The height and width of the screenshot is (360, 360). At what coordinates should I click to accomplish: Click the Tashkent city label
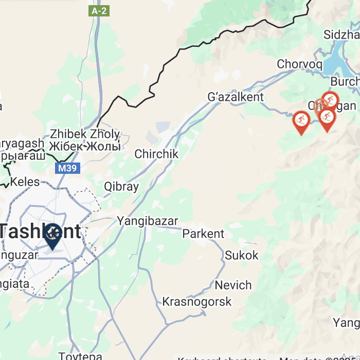point(41,231)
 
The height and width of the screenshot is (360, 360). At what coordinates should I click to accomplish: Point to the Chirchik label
point(156,154)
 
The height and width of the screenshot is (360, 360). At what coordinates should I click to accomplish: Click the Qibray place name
point(121,186)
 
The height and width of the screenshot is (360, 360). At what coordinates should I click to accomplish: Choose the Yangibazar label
point(147,222)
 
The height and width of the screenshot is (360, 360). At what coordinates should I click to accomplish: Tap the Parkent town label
point(204,233)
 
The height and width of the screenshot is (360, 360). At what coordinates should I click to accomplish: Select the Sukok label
point(242,255)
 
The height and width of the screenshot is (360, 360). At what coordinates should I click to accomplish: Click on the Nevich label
point(233,285)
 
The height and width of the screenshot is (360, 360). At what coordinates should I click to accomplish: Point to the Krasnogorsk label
point(197,301)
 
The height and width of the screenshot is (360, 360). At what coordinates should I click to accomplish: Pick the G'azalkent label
point(236,97)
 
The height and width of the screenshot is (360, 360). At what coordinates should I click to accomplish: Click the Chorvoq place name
point(299,64)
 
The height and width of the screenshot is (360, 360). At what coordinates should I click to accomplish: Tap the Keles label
point(25,182)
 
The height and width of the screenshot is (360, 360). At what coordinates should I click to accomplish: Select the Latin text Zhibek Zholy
point(85,134)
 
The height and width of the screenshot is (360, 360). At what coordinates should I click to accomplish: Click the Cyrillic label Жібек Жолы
point(85,146)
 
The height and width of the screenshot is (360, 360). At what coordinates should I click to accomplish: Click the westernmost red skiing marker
point(300,121)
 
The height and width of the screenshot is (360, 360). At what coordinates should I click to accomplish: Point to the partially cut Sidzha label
point(341,35)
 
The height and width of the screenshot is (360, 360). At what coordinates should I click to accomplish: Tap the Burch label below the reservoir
point(344,81)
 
